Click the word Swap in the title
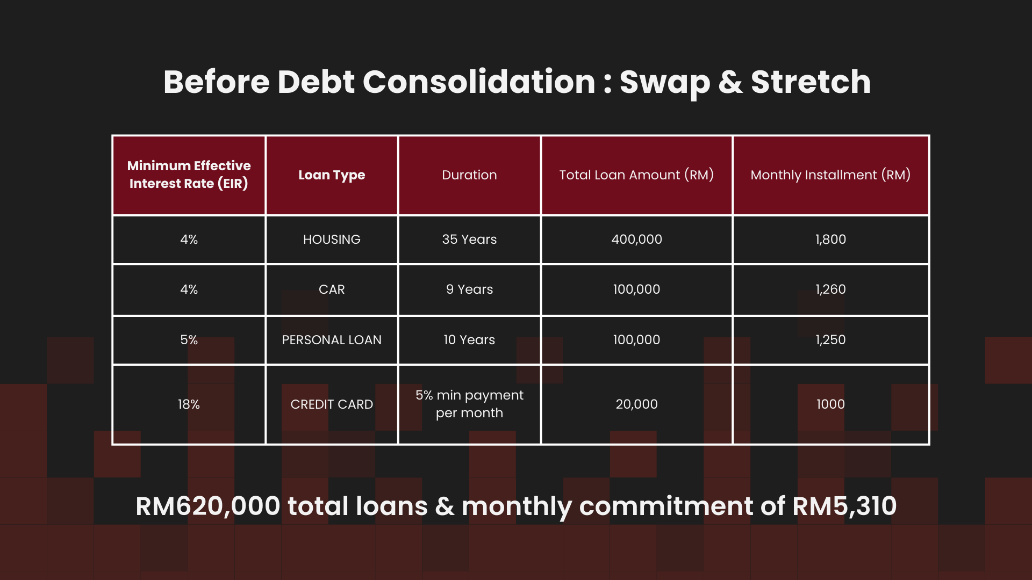tap(664, 83)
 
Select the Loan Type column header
tap(332, 175)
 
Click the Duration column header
tap(469, 175)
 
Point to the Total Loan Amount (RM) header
tap(636, 175)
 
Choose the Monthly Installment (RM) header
tap(830, 175)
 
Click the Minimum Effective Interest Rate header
tap(189, 175)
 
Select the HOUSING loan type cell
tap(332, 240)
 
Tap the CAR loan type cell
tap(332, 289)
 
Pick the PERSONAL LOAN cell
tap(332, 340)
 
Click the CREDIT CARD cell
tap(332, 404)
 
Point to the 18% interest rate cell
tap(189, 404)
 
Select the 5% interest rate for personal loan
tap(189, 340)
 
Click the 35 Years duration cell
tap(469, 240)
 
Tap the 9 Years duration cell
tap(469, 289)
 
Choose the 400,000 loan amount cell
tap(636, 240)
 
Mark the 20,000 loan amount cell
tap(636, 404)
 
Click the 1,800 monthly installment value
tap(830, 240)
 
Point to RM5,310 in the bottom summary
tap(844, 506)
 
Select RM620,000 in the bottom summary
tap(208, 506)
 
